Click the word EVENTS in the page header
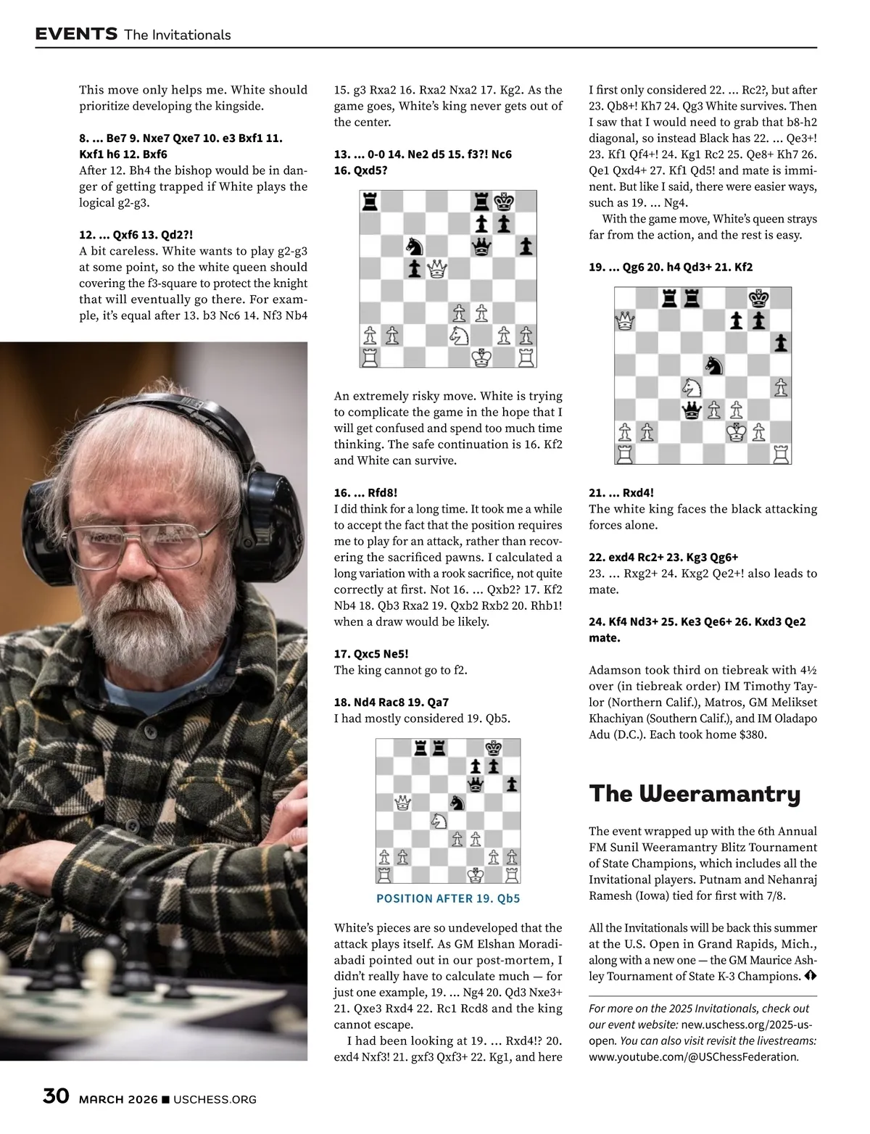tap(76, 33)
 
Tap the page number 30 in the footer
tap(56, 1096)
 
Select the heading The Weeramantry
tap(695, 793)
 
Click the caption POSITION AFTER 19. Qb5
tap(448, 898)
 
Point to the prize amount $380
tap(750, 734)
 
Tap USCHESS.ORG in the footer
tap(215, 1100)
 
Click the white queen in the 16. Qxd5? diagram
tap(436, 269)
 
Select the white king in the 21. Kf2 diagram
tap(737, 432)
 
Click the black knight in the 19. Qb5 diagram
tap(457, 801)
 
